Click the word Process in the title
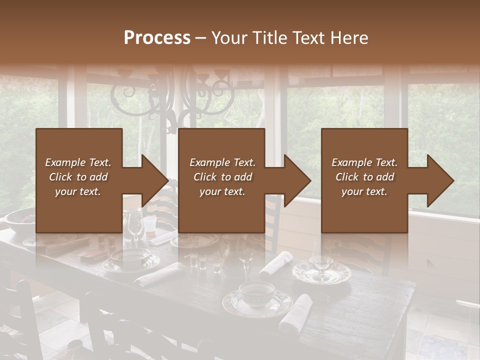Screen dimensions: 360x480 pos(157,38)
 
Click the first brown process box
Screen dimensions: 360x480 pos(79,180)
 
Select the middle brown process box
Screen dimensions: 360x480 pos(221,180)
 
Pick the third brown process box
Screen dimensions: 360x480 pos(364,180)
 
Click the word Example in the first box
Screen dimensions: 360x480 pos(65,162)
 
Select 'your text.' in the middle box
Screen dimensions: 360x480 pos(222,191)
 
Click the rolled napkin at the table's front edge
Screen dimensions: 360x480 pos(296,313)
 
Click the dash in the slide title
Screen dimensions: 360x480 pos(201,38)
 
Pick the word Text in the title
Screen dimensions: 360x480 pos(306,38)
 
